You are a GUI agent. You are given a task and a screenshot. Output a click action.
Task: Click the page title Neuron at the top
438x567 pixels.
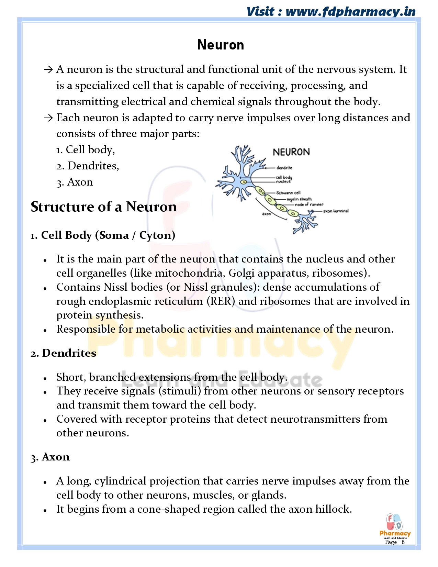pyautogui.click(x=221, y=45)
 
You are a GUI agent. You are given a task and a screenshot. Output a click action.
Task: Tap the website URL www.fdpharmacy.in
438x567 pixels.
pyautogui.click(x=350, y=11)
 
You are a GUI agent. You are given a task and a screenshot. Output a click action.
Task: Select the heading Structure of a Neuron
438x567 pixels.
pyautogui.click(x=104, y=207)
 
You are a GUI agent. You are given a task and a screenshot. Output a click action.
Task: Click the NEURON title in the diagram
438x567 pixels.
pyautogui.click(x=291, y=152)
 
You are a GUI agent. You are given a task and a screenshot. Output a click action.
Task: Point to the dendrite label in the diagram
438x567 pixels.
pyautogui.click(x=284, y=168)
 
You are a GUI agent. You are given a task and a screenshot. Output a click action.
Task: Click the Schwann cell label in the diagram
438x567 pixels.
pyautogui.click(x=288, y=193)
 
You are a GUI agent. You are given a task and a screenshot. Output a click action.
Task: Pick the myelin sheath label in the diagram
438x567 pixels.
pyautogui.click(x=299, y=199)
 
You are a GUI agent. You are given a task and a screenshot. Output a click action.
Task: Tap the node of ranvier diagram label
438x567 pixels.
pyautogui.click(x=309, y=204)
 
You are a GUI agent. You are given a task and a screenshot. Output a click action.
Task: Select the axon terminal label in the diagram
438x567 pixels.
pyautogui.click(x=336, y=211)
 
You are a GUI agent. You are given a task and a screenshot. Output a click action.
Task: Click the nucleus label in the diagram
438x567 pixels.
pyautogui.click(x=283, y=181)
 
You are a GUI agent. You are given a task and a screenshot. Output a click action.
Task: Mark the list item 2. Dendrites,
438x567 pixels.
pyautogui.click(x=88, y=166)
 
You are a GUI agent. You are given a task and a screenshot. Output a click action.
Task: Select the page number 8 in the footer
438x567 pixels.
pyautogui.click(x=403, y=542)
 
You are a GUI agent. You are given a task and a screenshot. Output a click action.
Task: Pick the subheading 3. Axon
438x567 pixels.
pyautogui.click(x=50, y=457)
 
